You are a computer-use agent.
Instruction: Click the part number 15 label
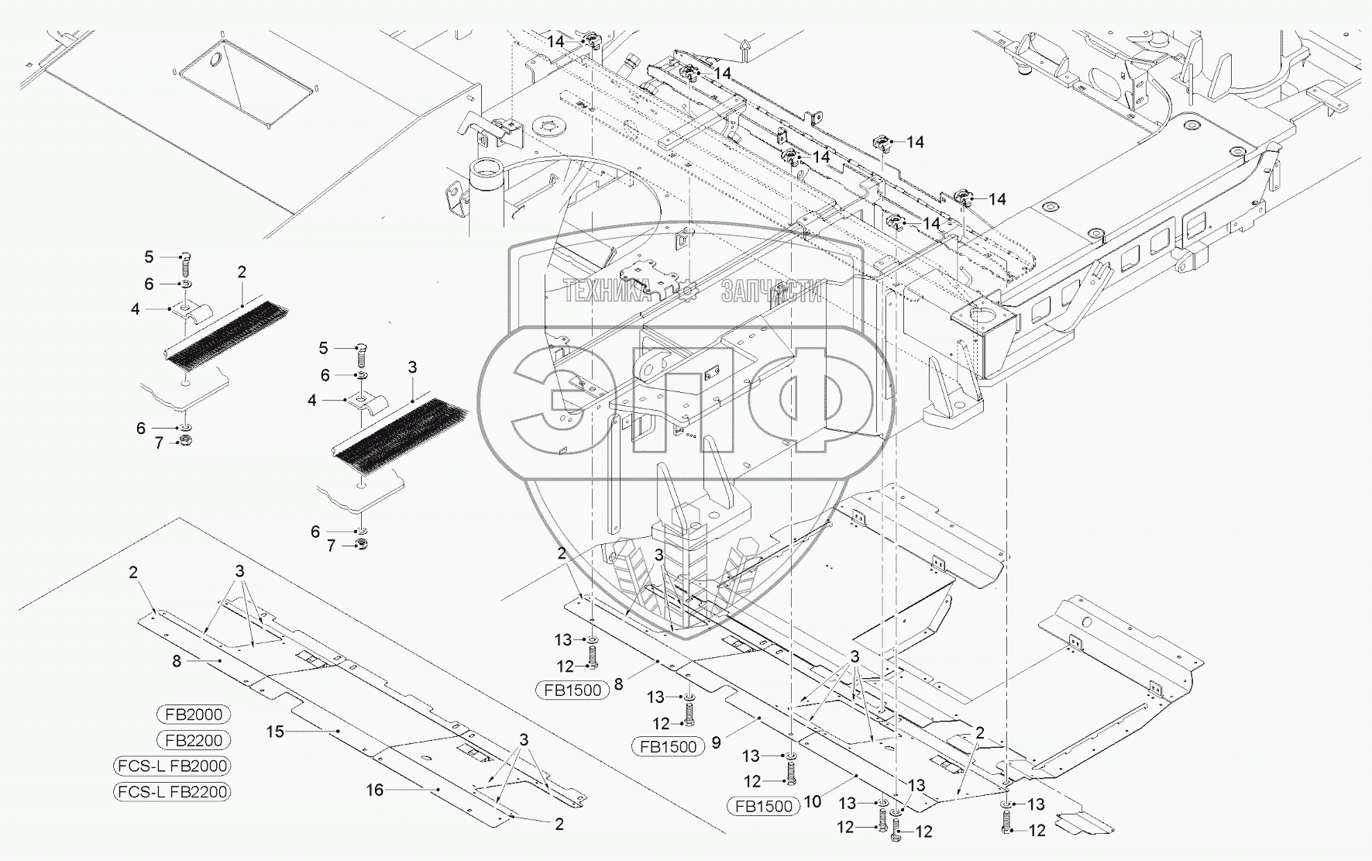(x=276, y=732)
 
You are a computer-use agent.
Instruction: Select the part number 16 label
(x=375, y=790)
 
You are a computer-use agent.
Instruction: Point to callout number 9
(x=717, y=742)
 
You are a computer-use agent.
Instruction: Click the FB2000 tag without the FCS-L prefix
(x=194, y=715)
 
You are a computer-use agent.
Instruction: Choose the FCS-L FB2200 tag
(x=172, y=791)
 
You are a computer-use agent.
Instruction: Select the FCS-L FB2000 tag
(x=172, y=766)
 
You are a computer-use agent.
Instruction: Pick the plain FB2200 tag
(x=194, y=740)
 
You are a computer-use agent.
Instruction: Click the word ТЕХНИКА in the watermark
(x=607, y=291)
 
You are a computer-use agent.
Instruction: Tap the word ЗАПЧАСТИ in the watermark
(x=771, y=291)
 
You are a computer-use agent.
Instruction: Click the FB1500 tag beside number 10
(x=764, y=806)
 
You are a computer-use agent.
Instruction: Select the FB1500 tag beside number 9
(x=668, y=747)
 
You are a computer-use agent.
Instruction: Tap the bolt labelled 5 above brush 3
(x=362, y=356)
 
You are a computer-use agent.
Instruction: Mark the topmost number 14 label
(x=555, y=41)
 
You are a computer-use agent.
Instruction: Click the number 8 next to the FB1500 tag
(x=618, y=684)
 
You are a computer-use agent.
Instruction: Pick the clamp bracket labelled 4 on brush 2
(x=189, y=312)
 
